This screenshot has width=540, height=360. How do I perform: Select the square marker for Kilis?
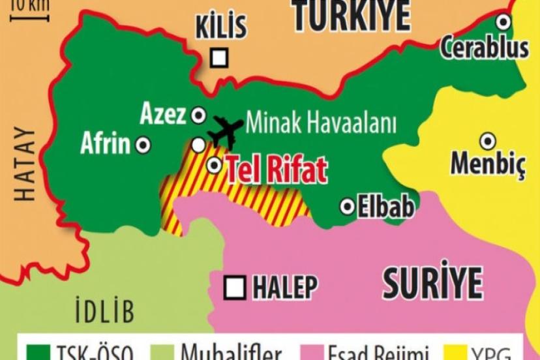[220, 58]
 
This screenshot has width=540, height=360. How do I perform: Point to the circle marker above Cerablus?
[503, 22]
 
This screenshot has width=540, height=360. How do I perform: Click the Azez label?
[163, 115]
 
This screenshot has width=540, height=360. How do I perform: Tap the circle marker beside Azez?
[198, 115]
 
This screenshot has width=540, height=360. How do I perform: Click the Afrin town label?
[106, 144]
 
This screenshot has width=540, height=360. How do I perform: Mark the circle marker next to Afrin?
[143, 145]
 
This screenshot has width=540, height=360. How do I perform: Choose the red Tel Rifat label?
[277, 170]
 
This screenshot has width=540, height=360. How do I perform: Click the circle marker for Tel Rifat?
[214, 166]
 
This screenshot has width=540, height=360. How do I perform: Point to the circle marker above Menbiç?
[487, 141]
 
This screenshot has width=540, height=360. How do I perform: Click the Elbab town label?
[385, 207]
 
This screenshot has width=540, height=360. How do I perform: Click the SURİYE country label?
[432, 283]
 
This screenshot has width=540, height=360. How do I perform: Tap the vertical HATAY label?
[25, 164]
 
